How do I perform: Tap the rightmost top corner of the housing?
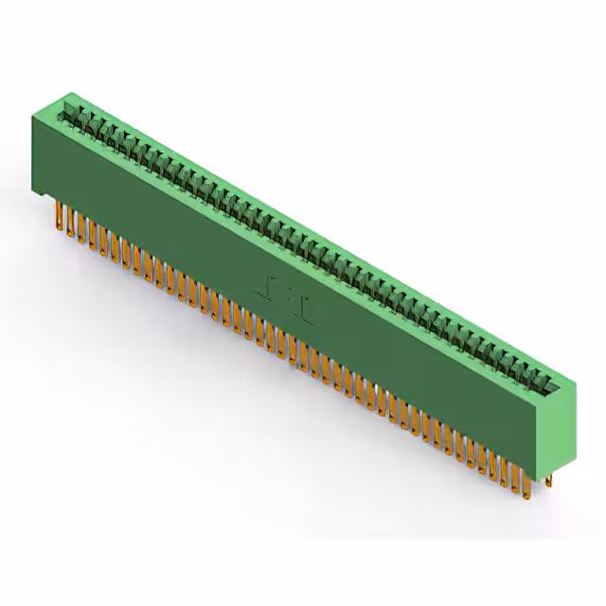pyautogui.click(x=575, y=382)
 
